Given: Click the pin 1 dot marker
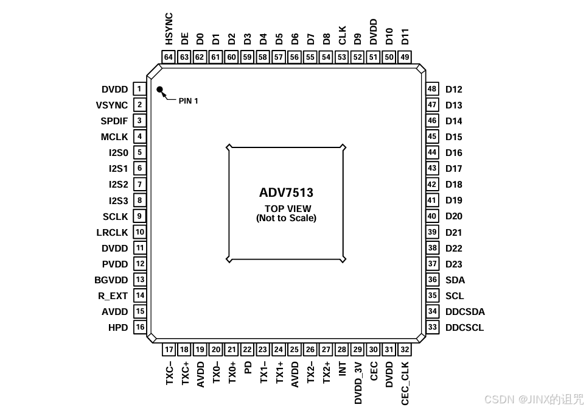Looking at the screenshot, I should pyautogui.click(x=160, y=90).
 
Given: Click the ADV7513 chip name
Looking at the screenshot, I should pyautogui.click(x=286, y=193).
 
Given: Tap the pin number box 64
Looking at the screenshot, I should pyautogui.click(x=169, y=57).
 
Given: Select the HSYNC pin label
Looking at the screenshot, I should pyautogui.click(x=169, y=29).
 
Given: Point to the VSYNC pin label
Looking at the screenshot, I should pyautogui.click(x=112, y=105).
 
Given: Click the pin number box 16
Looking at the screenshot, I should pyautogui.click(x=140, y=327).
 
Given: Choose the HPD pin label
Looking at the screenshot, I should pyautogui.click(x=118, y=328).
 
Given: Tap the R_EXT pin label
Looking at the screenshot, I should pyautogui.click(x=113, y=296).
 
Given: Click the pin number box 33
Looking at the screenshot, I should pyautogui.click(x=433, y=327).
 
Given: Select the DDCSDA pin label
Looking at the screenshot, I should pyautogui.click(x=465, y=312).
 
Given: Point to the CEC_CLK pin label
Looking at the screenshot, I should pyautogui.click(x=405, y=383).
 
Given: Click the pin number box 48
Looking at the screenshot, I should pyautogui.click(x=432, y=89).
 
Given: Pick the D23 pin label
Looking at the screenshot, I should pyautogui.click(x=454, y=264).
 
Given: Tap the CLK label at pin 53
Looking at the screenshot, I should pyautogui.click(x=342, y=35).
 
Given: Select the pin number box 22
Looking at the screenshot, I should pyautogui.click(x=247, y=350).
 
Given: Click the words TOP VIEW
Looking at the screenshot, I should pyautogui.click(x=286, y=209).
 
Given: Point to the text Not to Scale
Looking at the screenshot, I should pyautogui.click(x=286, y=217).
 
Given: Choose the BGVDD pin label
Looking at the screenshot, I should pyautogui.click(x=111, y=280).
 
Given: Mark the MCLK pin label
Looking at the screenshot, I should pyautogui.click(x=114, y=137).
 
